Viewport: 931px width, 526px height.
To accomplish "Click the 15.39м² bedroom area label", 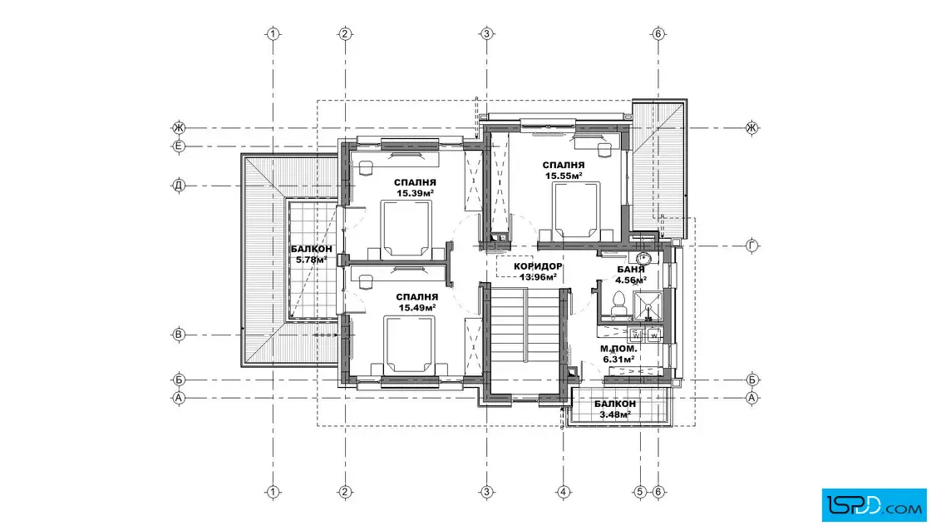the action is tap(415, 193).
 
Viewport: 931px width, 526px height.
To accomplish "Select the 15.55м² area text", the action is tap(564, 176).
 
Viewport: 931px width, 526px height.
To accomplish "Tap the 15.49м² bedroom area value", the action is tap(416, 307).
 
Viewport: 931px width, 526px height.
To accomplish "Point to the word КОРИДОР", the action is tap(538, 266).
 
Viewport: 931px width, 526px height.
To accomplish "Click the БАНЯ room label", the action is tap(631, 269).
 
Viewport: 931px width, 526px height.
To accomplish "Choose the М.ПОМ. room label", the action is tap(618, 349).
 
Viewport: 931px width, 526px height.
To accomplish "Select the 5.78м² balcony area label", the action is tap(312, 260).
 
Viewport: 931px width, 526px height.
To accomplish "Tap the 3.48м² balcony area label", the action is tap(615, 414).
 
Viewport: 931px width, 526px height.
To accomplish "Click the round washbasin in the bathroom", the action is tap(643, 259).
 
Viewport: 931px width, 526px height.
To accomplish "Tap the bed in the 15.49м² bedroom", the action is tap(410, 344).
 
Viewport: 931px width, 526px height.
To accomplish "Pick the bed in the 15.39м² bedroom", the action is tap(406, 229).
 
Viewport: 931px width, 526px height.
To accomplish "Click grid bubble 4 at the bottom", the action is tap(563, 492).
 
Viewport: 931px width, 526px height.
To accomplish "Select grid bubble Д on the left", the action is tap(179, 186).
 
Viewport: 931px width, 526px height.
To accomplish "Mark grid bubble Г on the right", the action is tap(751, 246).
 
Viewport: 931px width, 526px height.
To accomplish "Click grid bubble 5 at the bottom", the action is tap(640, 492).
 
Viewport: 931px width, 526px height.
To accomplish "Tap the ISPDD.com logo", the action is tap(874, 505).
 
